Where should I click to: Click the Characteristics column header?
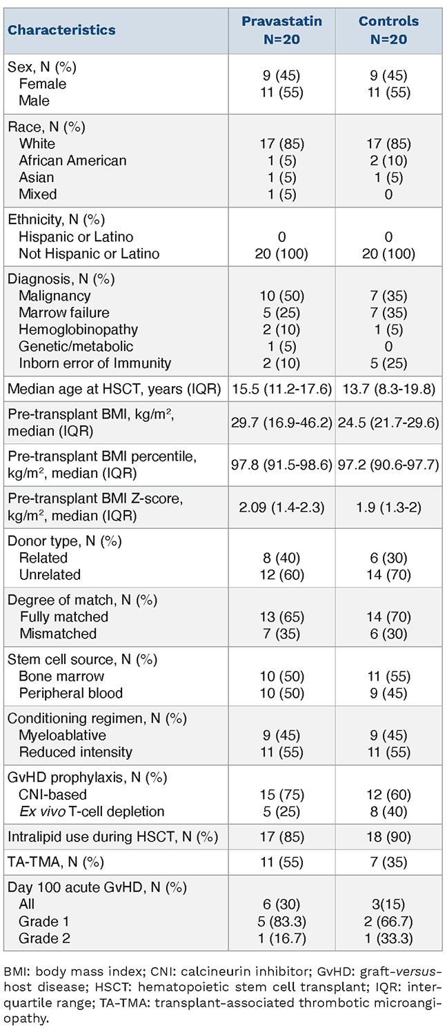click(61, 30)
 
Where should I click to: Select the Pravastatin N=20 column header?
click(282, 30)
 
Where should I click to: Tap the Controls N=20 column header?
click(388, 30)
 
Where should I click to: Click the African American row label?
click(72, 161)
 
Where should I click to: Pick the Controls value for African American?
click(388, 161)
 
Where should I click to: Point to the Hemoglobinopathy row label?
click(78, 330)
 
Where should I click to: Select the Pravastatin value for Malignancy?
click(282, 296)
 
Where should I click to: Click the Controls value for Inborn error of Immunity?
click(388, 363)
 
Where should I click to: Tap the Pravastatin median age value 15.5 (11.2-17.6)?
click(282, 389)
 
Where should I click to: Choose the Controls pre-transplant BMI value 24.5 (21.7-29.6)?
click(388, 423)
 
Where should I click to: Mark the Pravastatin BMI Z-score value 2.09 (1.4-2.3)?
click(282, 507)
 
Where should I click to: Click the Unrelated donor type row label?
click(50, 575)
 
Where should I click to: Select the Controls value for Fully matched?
click(388, 617)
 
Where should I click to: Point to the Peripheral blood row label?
click(71, 693)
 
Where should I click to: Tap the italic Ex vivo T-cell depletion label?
click(92, 811)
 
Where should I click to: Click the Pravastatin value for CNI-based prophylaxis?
click(282, 795)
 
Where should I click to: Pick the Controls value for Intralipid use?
click(388, 837)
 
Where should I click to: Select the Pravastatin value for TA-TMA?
click(282, 862)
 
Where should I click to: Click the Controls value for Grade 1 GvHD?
click(388, 922)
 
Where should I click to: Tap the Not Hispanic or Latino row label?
click(89, 254)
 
